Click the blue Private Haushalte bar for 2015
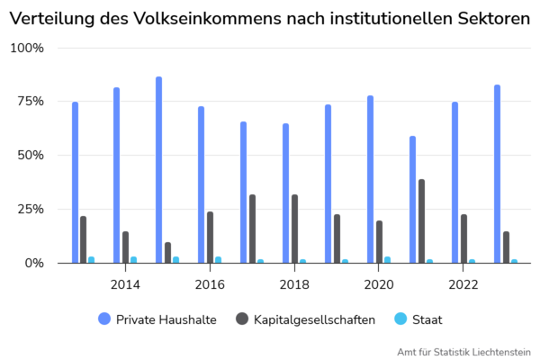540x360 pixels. pyautogui.click(x=158, y=170)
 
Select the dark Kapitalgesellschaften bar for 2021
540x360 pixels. pyautogui.click(x=421, y=221)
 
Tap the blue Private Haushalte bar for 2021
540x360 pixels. pyautogui.click(x=412, y=200)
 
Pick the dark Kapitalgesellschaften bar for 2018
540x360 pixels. pyautogui.click(x=294, y=229)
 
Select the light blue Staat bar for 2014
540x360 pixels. pyautogui.click(x=134, y=259)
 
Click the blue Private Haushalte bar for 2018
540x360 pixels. pyautogui.click(x=285, y=193)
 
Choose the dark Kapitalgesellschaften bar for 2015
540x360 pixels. pyautogui.click(x=167, y=252)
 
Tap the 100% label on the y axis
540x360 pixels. pyautogui.click(x=26, y=47)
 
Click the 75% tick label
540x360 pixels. pyautogui.click(x=30, y=101)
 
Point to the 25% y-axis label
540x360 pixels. pyautogui.click(x=30, y=209)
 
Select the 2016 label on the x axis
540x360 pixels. pyautogui.click(x=210, y=284)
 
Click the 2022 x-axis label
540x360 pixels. pyautogui.click(x=463, y=284)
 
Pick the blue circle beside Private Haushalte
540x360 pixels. pyautogui.click(x=103, y=319)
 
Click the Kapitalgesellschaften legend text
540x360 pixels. pyautogui.click(x=314, y=319)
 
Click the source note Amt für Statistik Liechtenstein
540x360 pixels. pyautogui.click(x=463, y=351)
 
